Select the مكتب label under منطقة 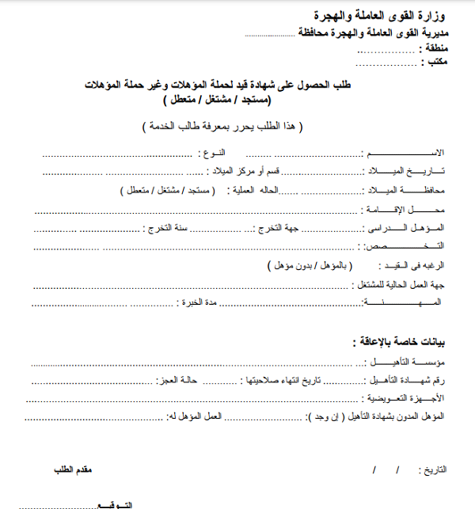click(x=432, y=63)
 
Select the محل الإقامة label click(x=404, y=209)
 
